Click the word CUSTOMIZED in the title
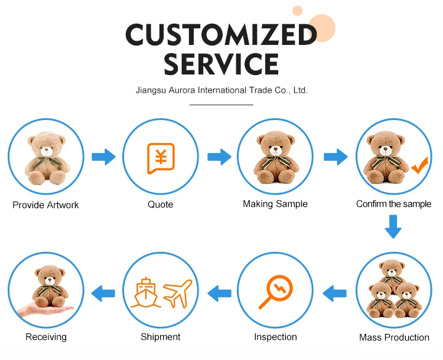221,35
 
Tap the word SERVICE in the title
221,64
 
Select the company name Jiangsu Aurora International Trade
221,90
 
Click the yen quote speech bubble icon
160,158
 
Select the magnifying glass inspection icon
275,293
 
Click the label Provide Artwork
45,205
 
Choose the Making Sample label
275,204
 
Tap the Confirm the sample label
393,204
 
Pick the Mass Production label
394,338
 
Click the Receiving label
46,337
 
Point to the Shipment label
160,337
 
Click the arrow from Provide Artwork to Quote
103,157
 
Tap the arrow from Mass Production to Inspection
335,291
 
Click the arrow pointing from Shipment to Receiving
103,291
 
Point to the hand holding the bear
44,310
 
